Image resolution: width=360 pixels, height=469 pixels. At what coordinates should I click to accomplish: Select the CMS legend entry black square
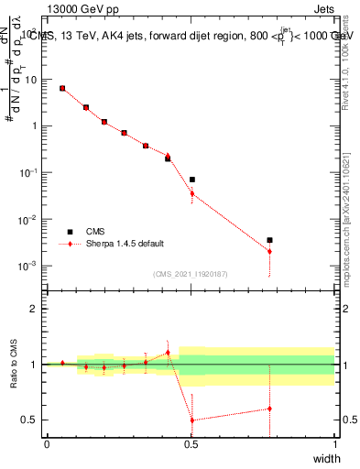click(69, 232)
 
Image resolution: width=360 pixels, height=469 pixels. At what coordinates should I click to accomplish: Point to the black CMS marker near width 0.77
click(269, 240)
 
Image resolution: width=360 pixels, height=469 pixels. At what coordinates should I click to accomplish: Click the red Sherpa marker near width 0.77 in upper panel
click(269, 251)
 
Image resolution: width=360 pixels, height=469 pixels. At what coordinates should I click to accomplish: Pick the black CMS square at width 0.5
click(191, 180)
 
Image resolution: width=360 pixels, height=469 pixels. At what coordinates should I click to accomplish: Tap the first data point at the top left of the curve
click(62, 88)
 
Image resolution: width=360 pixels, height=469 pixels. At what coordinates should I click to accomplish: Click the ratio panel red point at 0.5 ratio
click(191, 420)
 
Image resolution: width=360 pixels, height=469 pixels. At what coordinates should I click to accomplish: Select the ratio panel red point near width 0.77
click(269, 409)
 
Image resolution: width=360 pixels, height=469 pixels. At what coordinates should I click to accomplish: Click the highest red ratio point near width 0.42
click(168, 353)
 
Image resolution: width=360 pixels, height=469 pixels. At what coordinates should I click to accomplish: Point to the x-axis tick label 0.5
click(191, 444)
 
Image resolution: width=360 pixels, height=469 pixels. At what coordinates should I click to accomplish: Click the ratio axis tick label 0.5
click(28, 420)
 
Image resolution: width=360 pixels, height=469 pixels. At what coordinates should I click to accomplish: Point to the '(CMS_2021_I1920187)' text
click(190, 274)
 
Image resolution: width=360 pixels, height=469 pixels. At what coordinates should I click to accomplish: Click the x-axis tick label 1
click(334, 444)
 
